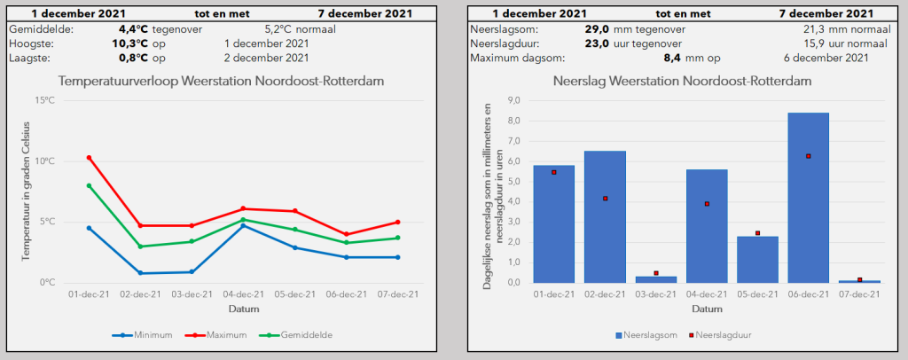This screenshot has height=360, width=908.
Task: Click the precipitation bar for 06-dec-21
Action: [809, 198]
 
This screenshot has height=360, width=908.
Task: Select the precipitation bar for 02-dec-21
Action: [605, 217]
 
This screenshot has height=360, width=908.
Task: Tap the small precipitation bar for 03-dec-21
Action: [656, 279]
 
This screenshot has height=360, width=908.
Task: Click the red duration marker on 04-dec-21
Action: [707, 204]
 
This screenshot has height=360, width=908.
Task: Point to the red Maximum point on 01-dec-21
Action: [90, 158]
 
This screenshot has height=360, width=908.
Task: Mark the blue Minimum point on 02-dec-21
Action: [140, 273]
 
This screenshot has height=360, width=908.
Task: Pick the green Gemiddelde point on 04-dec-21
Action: [243, 219]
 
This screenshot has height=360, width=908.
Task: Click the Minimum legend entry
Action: [142, 335]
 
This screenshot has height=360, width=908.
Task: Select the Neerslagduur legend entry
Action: [718, 335]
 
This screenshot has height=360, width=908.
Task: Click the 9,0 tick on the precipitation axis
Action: [513, 100]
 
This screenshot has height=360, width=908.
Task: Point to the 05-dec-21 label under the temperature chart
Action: [294, 294]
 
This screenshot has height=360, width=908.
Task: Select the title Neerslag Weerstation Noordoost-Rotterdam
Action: [682, 82]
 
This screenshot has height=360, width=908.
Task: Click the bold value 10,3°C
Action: [130, 43]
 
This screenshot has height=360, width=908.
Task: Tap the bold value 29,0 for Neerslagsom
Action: [597, 29]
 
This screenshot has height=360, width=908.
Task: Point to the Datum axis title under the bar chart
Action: [707, 309]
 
